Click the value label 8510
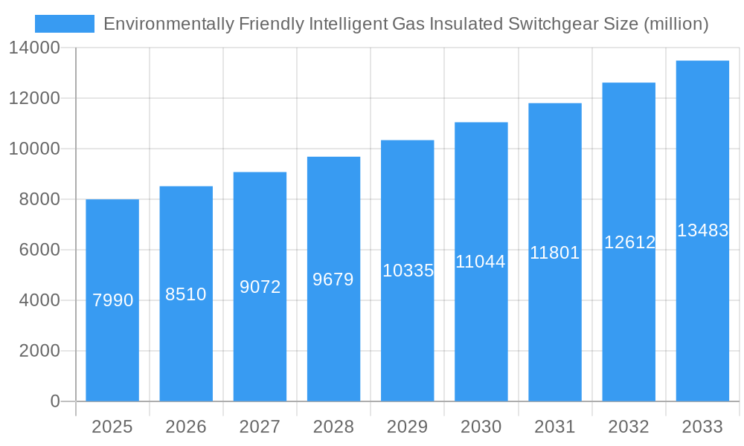pyautogui.click(x=186, y=294)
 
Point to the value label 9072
pyautogui.click(x=260, y=287)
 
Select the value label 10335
pyautogui.click(x=408, y=271)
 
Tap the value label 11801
pyautogui.click(x=554, y=253)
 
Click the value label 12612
pyautogui.click(x=629, y=242)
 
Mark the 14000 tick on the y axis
pyautogui.click(x=34, y=48)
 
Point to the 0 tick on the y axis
pyautogui.click(x=55, y=401)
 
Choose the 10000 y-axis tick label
pyautogui.click(x=34, y=149)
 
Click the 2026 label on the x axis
pyautogui.click(x=186, y=427)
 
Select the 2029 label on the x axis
pyautogui.click(x=408, y=427)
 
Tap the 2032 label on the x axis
pyautogui.click(x=629, y=427)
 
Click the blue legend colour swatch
pyautogui.click(x=65, y=24)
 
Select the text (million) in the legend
pyautogui.click(x=676, y=24)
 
